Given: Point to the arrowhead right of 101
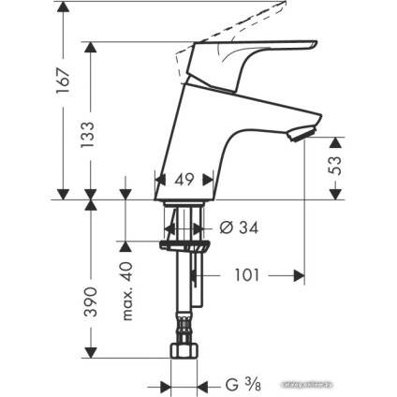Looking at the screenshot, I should pyautogui.click(x=300, y=276).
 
